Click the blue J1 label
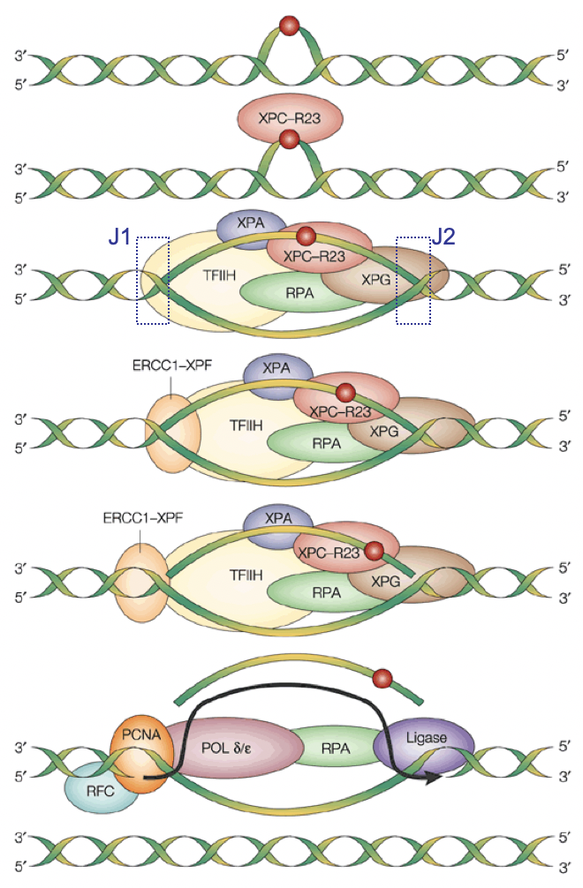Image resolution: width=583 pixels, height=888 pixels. (x=120, y=237)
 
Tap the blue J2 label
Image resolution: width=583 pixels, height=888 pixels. (x=443, y=237)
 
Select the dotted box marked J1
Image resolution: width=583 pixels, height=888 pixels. (x=152, y=280)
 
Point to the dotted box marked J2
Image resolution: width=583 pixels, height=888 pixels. (x=413, y=280)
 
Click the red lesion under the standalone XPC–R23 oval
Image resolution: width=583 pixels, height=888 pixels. (x=288, y=139)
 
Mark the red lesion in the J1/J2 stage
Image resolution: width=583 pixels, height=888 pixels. (x=306, y=236)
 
